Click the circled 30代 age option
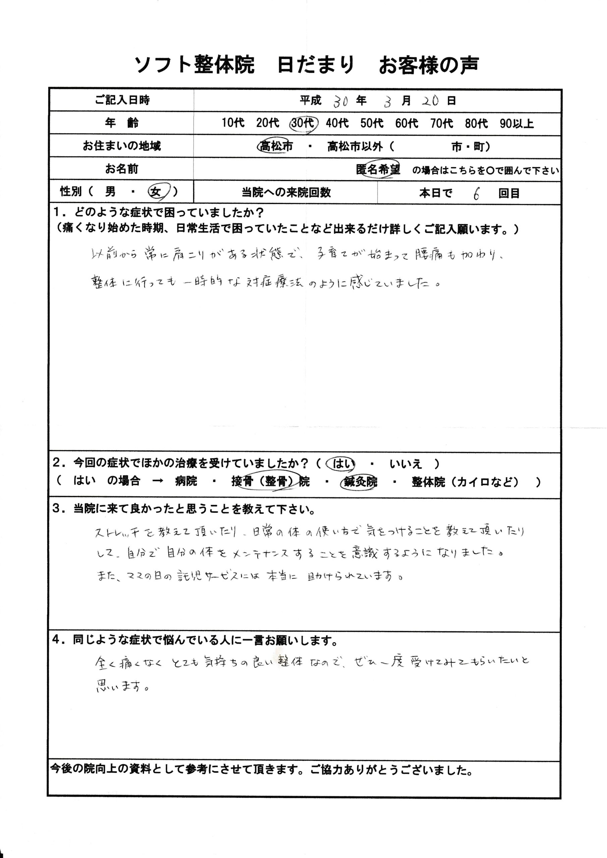303,123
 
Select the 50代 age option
372,123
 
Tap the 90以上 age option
516,123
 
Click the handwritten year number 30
341,101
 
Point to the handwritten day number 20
430,101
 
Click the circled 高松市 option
276,146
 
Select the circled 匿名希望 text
378,170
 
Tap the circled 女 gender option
156,192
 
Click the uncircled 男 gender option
110,192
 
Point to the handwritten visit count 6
476,194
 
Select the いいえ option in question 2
406,464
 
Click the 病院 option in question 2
186,481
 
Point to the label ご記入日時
122,100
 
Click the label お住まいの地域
122,146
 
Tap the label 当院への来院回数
286,193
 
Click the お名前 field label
122,169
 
